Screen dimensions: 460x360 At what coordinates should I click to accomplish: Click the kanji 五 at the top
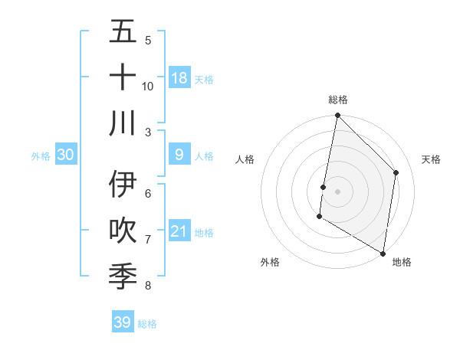pyautogui.click(x=123, y=33)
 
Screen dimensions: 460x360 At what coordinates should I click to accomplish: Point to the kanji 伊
pyautogui.click(x=123, y=185)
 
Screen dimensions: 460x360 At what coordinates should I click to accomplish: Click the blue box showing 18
pyautogui.click(x=179, y=78)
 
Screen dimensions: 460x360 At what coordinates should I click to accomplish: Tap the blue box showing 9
pyautogui.click(x=179, y=155)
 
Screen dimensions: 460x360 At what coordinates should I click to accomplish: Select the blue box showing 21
pyautogui.click(x=179, y=231)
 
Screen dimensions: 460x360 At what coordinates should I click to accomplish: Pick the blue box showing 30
pyautogui.click(x=66, y=155)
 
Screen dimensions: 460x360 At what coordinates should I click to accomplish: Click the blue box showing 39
pyautogui.click(x=123, y=322)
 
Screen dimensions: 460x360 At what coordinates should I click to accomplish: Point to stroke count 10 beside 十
pyautogui.click(x=148, y=86)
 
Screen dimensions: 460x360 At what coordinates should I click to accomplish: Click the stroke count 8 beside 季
pyautogui.click(x=148, y=286)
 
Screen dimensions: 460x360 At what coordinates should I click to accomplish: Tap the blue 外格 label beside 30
pyautogui.click(x=41, y=155)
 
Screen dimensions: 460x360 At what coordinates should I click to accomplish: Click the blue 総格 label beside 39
pyautogui.click(x=147, y=324)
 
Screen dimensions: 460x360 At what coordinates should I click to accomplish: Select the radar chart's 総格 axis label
pyautogui.click(x=337, y=100)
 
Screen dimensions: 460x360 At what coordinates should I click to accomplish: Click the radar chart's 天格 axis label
pyautogui.click(x=431, y=159)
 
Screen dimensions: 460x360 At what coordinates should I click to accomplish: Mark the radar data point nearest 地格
pyautogui.click(x=383, y=253)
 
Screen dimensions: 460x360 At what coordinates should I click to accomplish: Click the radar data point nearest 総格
pyautogui.click(x=337, y=116)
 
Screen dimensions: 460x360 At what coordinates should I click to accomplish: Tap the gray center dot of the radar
pyautogui.click(x=337, y=191)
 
